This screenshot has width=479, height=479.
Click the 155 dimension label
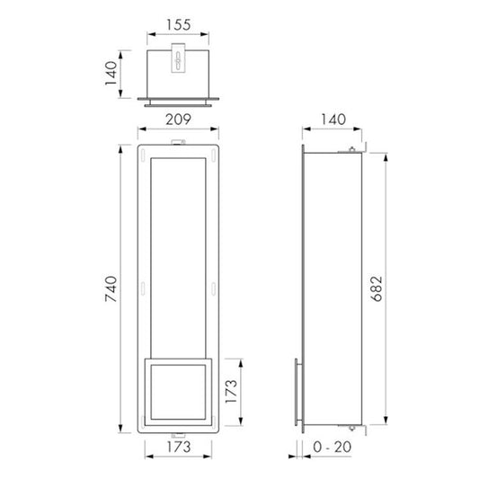tap(177, 26)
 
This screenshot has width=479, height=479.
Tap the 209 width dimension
tap(177, 119)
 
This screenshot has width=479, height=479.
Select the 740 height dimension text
tap(112, 287)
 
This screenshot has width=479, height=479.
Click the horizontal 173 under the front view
tap(177, 446)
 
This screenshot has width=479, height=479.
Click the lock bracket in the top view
tap(178, 61)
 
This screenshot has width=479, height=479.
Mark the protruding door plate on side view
tap(297, 392)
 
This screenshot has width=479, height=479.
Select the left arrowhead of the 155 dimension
tap(149, 40)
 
